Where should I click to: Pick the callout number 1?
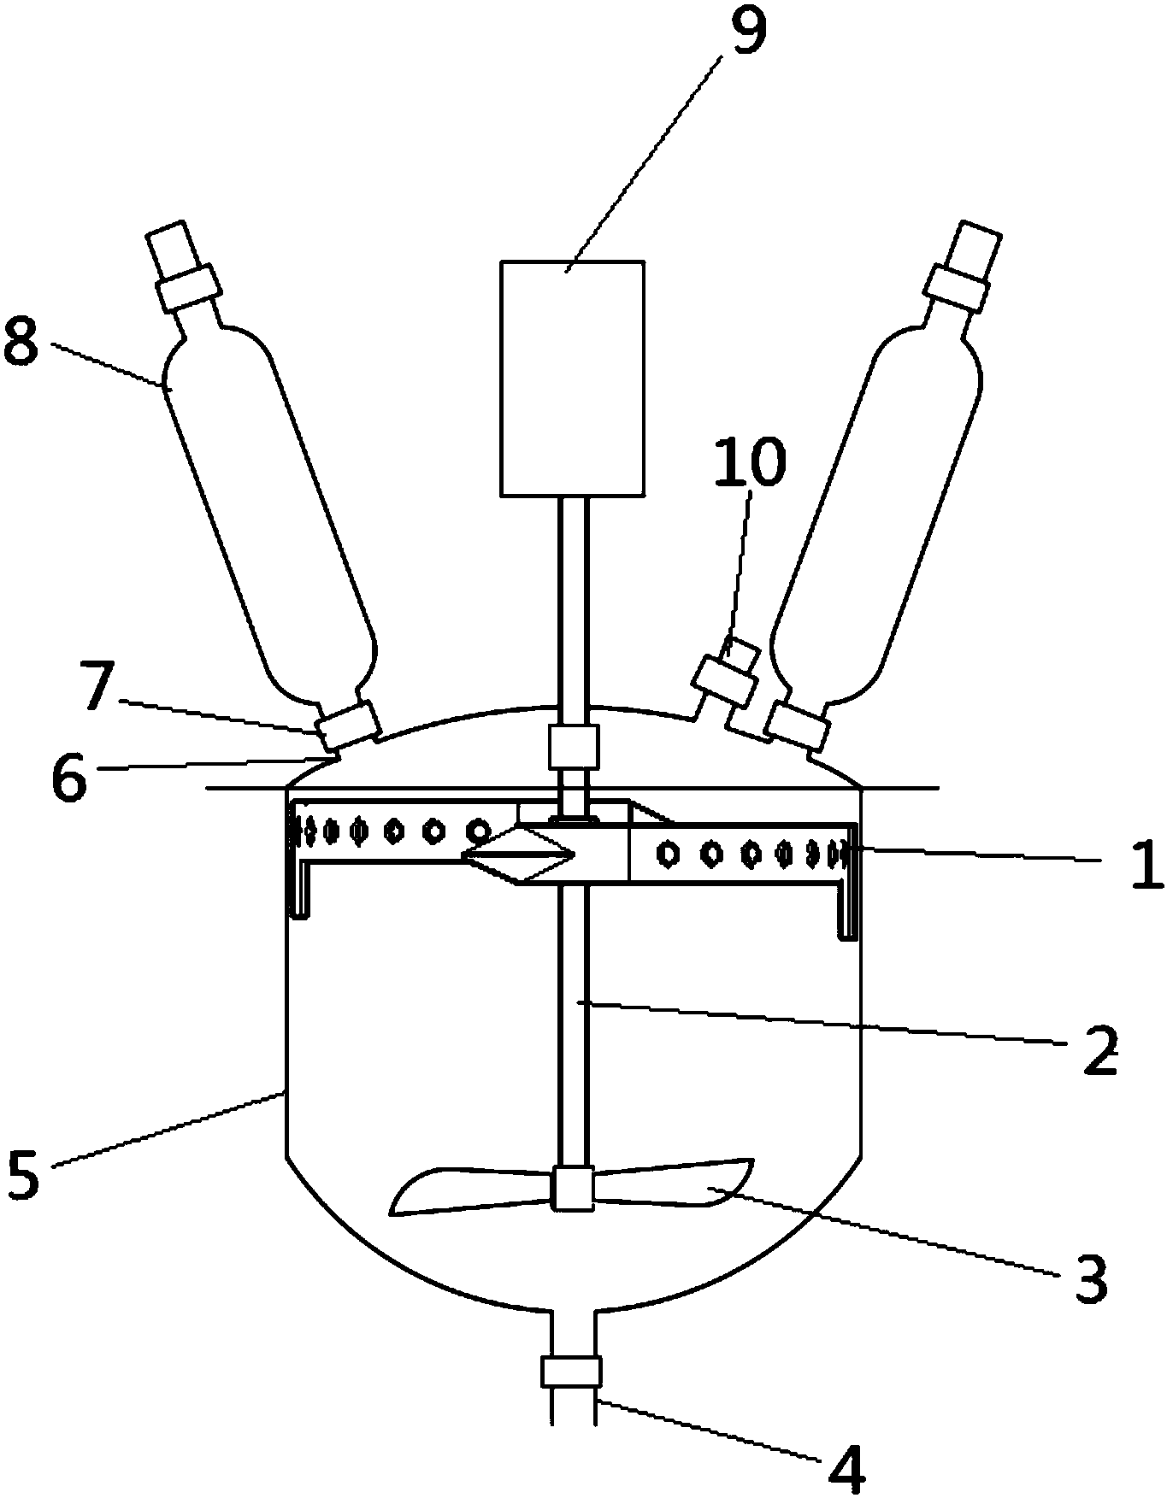pos(1146,864)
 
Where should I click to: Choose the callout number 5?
pos(23,1176)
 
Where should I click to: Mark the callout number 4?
pos(846,1468)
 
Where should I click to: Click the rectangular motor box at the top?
pos(572,378)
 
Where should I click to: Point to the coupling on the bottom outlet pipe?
pos(571,1372)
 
